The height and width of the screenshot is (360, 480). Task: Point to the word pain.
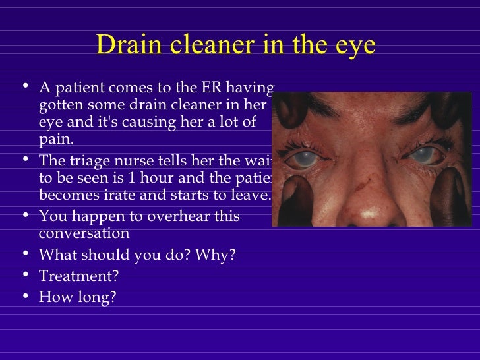click(57, 140)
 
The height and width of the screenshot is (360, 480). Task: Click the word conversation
click(84, 233)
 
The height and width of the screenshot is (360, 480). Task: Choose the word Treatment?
click(80, 277)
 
